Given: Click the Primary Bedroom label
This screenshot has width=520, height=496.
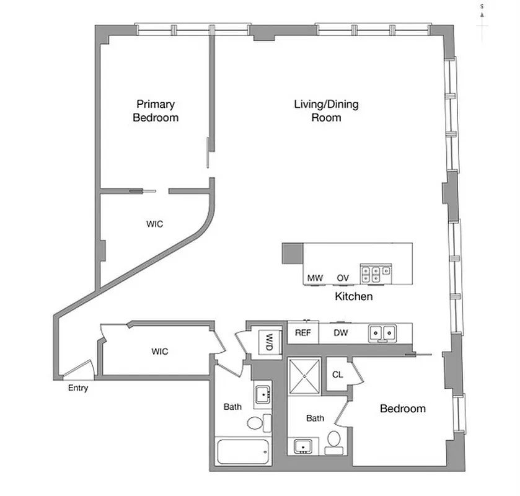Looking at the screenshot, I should (x=156, y=111).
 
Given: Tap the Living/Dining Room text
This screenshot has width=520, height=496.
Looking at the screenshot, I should (x=326, y=111).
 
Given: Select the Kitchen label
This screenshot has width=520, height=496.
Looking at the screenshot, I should (x=354, y=296).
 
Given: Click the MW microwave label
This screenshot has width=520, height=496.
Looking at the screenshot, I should (x=315, y=278).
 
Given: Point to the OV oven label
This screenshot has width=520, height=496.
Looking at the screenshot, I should (x=343, y=278).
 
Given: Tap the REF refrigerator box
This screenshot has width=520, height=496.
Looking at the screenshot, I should (x=302, y=333).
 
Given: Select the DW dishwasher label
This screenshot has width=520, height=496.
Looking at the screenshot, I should (x=341, y=333).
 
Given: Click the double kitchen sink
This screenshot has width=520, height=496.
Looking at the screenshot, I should (x=383, y=333).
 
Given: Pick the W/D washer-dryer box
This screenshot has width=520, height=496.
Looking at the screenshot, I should (x=270, y=341).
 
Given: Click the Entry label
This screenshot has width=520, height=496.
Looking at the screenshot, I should (x=78, y=389).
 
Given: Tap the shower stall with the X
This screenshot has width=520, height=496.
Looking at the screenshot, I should (x=304, y=375).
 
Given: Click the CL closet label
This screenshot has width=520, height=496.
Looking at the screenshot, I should (x=338, y=374).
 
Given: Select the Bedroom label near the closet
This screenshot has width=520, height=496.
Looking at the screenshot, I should (x=403, y=409).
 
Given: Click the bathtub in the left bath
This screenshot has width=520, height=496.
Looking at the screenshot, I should (x=242, y=453).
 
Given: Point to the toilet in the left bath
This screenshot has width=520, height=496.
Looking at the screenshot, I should (x=256, y=424).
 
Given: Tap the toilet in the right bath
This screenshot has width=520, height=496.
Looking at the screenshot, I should (x=333, y=440).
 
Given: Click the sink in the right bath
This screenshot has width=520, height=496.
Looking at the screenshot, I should (x=304, y=445).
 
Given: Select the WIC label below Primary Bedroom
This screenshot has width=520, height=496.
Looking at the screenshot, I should (x=155, y=224).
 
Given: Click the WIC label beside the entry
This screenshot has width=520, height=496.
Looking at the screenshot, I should (x=160, y=352).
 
